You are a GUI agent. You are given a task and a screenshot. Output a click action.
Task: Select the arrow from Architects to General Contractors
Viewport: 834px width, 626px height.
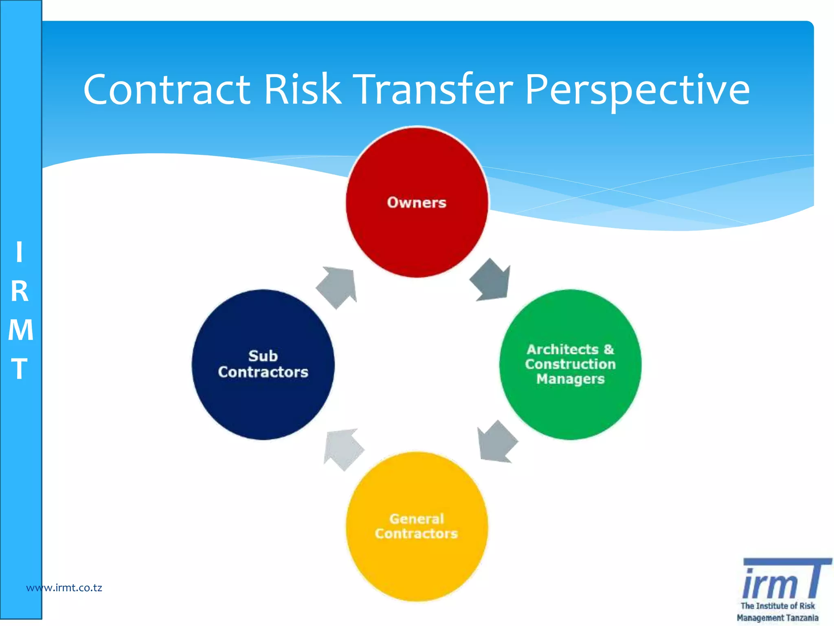(497, 442)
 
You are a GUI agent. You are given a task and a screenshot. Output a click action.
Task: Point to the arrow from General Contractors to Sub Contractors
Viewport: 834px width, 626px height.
(343, 449)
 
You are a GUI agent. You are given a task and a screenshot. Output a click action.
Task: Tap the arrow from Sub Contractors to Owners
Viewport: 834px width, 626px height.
(337, 287)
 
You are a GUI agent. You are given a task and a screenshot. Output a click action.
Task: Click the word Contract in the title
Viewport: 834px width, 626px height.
(167, 90)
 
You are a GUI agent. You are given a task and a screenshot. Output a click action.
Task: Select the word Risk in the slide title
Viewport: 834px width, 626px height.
(302, 90)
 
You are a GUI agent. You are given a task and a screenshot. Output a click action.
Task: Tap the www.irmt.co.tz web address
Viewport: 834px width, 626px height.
(64, 588)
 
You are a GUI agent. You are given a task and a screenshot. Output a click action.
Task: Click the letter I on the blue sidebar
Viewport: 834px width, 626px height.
(19, 252)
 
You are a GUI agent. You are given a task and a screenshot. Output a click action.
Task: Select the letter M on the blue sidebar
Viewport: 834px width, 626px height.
(20, 330)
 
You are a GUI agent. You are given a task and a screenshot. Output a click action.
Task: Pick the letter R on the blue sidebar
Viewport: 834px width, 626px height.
(20, 291)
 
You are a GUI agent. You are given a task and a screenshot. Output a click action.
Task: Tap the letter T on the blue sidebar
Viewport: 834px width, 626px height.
(19, 369)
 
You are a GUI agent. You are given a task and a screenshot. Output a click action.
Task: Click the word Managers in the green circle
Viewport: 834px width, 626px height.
(570, 379)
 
